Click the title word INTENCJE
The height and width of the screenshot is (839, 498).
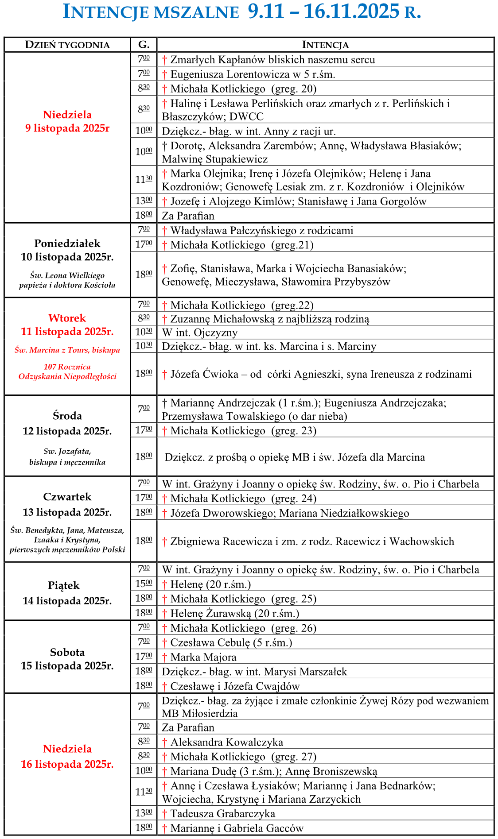click(106, 12)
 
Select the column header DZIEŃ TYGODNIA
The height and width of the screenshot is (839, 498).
click(67, 45)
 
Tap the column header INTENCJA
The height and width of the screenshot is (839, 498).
click(325, 45)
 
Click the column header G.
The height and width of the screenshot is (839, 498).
click(144, 44)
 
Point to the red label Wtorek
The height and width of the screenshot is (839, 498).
click(67, 318)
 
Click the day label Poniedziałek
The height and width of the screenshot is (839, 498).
click(67, 243)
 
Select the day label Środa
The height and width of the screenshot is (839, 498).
click(67, 416)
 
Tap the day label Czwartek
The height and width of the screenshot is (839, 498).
click(67, 497)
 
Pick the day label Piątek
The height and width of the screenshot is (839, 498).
click(64, 585)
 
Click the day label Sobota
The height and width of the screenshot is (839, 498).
click(67, 652)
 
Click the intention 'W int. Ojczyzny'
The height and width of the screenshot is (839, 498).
click(200, 333)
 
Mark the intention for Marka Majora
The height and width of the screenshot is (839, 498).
click(203, 657)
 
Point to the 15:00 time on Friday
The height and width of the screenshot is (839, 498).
click(144, 584)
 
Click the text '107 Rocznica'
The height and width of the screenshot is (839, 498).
click(67, 367)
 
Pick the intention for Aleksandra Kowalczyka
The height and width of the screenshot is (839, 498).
click(226, 742)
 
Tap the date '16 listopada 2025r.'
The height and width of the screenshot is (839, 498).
click(67, 764)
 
